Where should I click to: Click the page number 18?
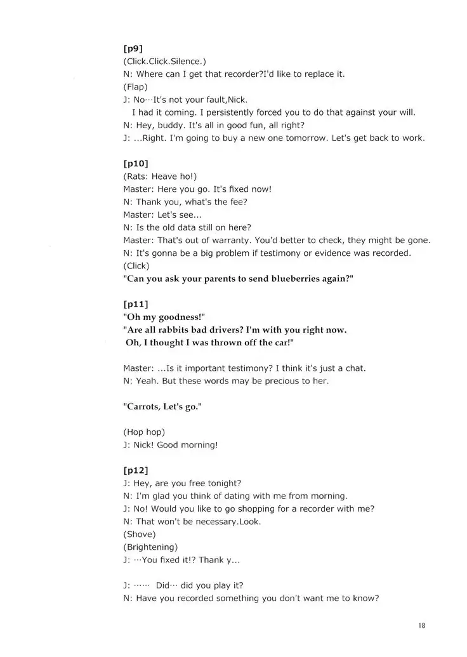coord(422,626)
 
